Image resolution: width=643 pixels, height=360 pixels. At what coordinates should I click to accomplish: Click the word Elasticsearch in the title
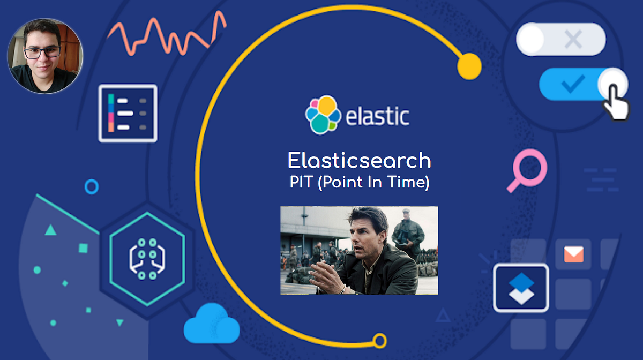point(359,160)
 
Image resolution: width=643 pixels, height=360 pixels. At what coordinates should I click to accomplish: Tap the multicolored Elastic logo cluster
point(323,114)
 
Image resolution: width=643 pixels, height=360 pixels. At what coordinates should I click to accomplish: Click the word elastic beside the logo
point(377,116)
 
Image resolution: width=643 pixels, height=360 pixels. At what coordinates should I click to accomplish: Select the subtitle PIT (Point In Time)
point(359,183)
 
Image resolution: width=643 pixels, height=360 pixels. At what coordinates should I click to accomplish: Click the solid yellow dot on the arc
point(469,66)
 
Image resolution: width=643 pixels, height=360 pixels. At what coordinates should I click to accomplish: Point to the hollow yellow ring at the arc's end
point(379,340)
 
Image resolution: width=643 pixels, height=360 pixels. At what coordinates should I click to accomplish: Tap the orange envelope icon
point(573,255)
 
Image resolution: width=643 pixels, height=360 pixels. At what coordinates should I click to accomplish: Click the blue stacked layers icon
point(520,288)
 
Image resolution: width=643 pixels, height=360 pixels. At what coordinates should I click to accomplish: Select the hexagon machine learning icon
point(146,259)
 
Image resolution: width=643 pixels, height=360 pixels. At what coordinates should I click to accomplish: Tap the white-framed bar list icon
point(128,113)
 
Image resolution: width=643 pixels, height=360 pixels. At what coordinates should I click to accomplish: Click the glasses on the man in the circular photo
point(43,52)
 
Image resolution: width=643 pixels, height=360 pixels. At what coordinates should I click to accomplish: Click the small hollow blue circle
point(92,186)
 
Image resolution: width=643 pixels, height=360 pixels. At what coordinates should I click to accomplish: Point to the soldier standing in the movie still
point(407,231)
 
